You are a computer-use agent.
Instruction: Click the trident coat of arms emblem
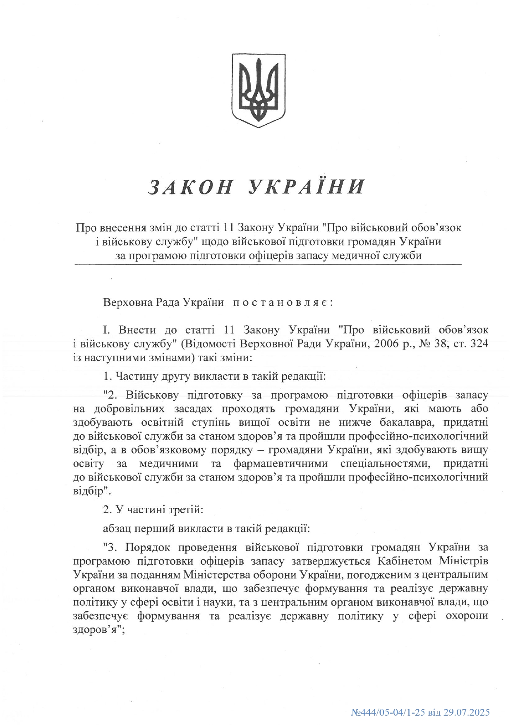tap(258, 90)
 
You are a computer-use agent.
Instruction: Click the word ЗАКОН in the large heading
tap(190, 187)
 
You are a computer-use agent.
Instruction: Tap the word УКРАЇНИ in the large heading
tap(307, 187)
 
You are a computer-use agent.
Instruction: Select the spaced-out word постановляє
tap(282, 302)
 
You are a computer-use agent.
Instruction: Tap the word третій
tap(185, 510)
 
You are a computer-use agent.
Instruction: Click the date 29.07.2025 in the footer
tap(467, 712)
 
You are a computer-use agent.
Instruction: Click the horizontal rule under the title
tap(268, 264)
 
